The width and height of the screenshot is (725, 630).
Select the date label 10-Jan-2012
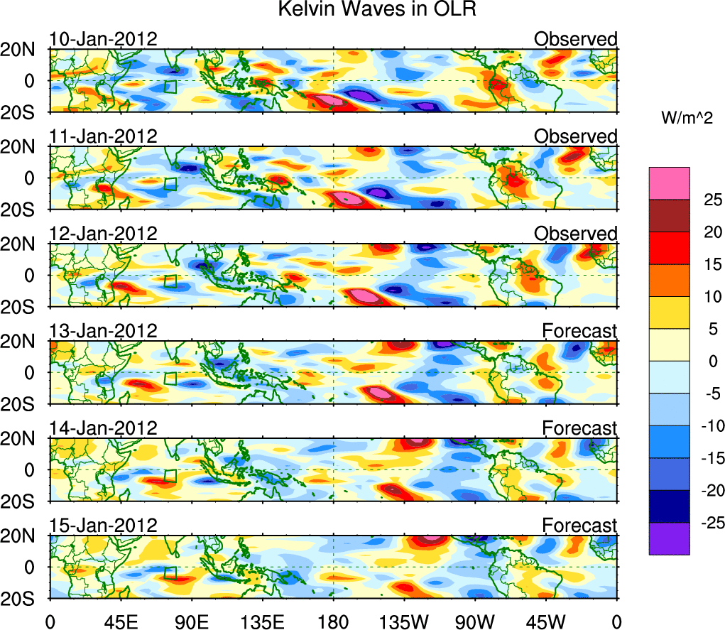pyautogui.click(x=103, y=38)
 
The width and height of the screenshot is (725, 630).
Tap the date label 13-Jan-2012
pyautogui.click(x=103, y=330)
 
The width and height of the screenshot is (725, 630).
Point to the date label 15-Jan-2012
pyautogui.click(x=103, y=526)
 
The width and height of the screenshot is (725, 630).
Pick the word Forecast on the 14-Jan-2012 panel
pyautogui.click(x=579, y=428)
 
